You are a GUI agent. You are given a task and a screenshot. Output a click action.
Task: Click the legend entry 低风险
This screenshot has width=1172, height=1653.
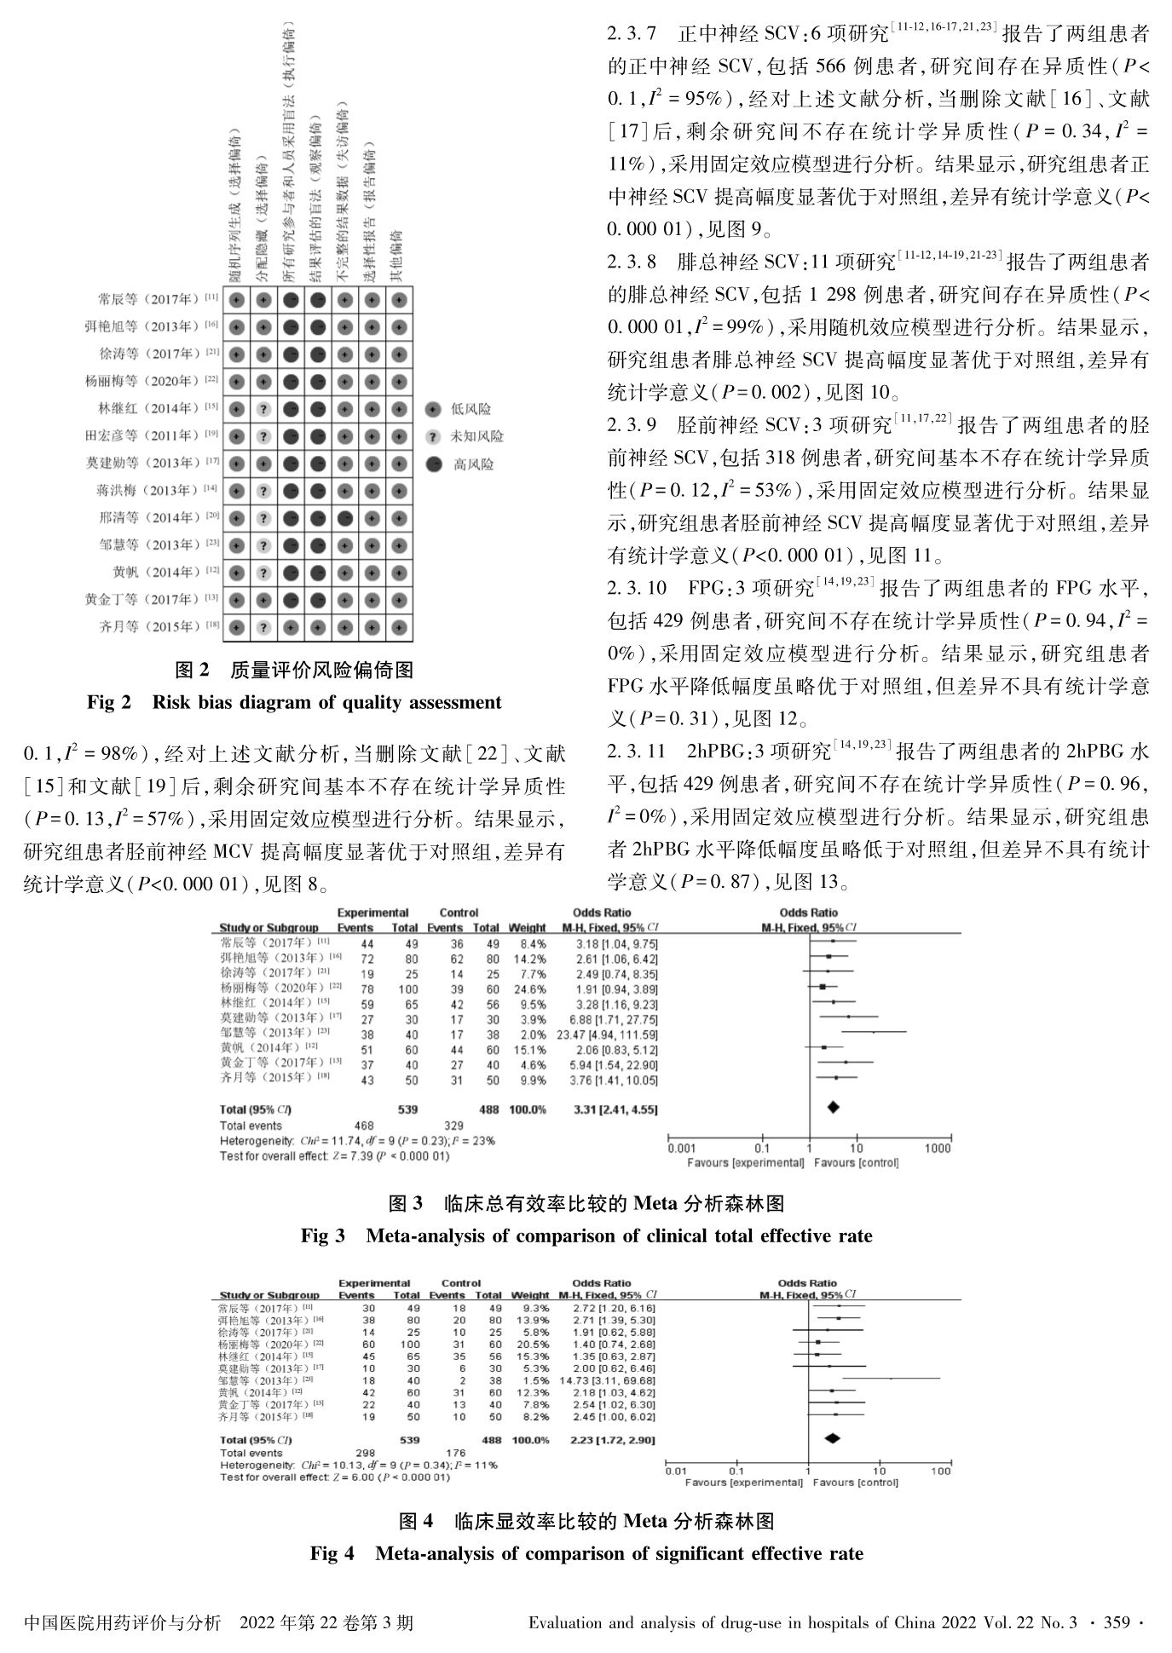click(471, 409)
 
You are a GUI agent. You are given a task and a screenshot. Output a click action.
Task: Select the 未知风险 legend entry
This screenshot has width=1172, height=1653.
click(476, 436)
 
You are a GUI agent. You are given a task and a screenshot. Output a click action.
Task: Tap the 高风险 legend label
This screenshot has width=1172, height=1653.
click(473, 464)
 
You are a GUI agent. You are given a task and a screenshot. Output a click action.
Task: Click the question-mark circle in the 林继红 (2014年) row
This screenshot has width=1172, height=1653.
click(264, 409)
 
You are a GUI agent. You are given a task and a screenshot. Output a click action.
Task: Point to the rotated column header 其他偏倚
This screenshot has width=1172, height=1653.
click(395, 256)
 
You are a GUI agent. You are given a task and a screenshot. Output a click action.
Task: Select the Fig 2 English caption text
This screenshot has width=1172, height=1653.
click(294, 703)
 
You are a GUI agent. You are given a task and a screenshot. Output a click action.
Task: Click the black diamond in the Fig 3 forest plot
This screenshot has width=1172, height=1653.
click(833, 1107)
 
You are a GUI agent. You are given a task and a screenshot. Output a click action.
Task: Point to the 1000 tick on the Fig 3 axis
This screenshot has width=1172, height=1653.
click(938, 1149)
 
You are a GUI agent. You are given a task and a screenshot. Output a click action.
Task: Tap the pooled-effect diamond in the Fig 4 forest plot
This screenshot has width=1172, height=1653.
click(832, 1438)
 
